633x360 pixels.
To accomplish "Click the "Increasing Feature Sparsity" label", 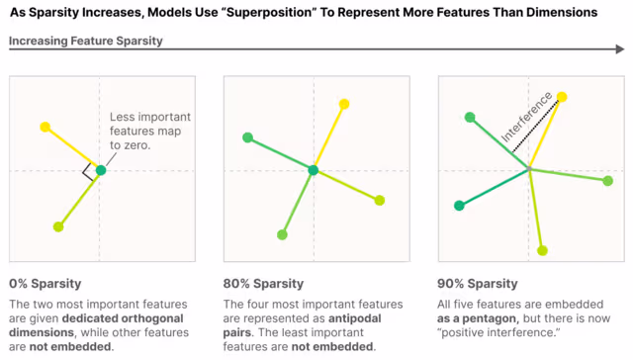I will click(x=86, y=42).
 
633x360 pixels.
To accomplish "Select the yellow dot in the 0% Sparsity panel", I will click(x=45, y=127).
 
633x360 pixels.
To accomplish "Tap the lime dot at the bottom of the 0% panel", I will click(x=58, y=226).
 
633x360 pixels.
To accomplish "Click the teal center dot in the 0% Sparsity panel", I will click(x=100, y=171).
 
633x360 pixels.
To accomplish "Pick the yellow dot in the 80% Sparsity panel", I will click(x=344, y=104).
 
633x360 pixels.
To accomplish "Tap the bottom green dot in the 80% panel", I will click(x=283, y=235).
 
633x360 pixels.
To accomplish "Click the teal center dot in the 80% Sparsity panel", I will click(x=314, y=171).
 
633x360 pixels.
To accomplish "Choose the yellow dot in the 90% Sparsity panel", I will click(x=562, y=97).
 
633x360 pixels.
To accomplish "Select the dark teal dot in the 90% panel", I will click(x=459, y=206).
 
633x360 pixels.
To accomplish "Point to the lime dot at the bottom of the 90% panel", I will click(x=541, y=250).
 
